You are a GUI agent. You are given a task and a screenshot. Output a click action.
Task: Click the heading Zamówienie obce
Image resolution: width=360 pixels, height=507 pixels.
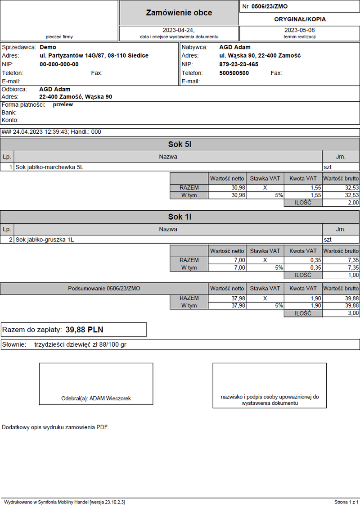pos(179,13)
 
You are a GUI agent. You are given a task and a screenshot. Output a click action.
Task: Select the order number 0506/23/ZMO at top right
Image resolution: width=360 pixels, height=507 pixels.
pos(269,6)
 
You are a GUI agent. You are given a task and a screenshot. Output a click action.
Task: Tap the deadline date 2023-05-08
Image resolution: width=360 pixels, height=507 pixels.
pos(299,30)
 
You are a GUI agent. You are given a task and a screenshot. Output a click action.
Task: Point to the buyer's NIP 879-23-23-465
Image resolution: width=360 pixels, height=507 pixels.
pos(238,64)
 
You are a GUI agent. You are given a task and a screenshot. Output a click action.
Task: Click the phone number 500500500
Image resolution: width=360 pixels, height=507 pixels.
pos(234,73)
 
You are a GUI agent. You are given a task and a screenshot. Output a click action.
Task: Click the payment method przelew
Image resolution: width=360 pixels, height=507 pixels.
pos(63,104)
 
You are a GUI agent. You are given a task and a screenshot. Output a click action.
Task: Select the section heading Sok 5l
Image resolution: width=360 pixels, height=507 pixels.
pos(180,145)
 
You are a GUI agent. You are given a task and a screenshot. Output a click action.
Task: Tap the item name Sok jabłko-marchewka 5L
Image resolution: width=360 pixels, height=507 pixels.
pos(49,167)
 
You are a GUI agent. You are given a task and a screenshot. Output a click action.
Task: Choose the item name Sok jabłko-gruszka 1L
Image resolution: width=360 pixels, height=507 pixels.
pos(45,240)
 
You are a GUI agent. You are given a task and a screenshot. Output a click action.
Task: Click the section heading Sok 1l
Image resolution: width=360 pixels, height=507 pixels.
pos(180,217)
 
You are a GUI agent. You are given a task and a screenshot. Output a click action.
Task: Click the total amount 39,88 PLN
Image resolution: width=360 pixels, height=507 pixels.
pos(84,330)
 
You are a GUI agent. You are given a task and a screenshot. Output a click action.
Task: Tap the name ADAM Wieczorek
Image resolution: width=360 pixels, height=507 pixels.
pos(110,398)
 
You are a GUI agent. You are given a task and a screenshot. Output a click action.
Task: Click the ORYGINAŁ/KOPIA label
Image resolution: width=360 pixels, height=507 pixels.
pos(300,19)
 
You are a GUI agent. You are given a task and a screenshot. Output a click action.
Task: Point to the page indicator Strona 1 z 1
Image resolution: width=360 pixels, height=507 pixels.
pos(346,502)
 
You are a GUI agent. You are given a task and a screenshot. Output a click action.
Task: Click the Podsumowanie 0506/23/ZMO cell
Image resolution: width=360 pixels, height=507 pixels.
pos(104,288)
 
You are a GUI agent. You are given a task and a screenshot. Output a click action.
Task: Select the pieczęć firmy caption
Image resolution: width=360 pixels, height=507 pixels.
pos(59,36)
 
